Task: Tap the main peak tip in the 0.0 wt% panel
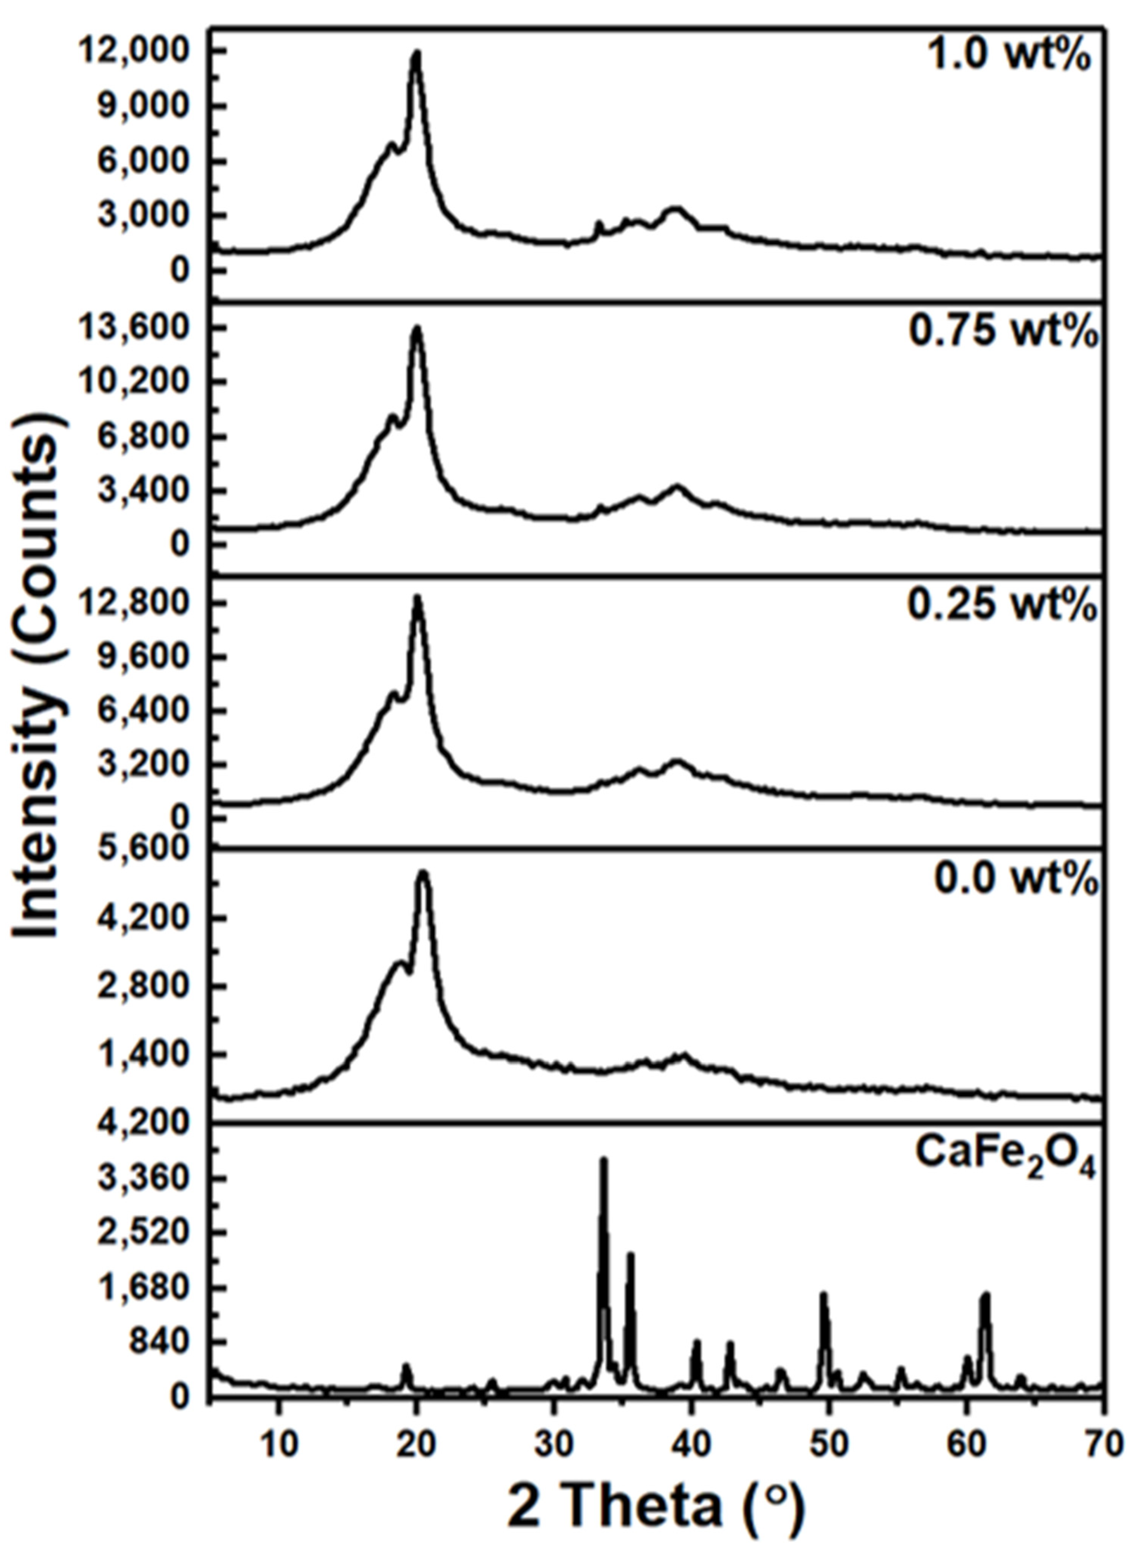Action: (423, 873)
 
